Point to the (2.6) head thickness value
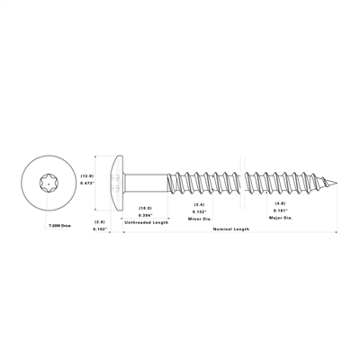(x=102, y=221)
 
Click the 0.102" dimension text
(x=102, y=229)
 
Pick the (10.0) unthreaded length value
(x=145, y=208)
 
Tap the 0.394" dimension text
(x=145, y=214)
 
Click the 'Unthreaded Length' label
(x=145, y=221)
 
